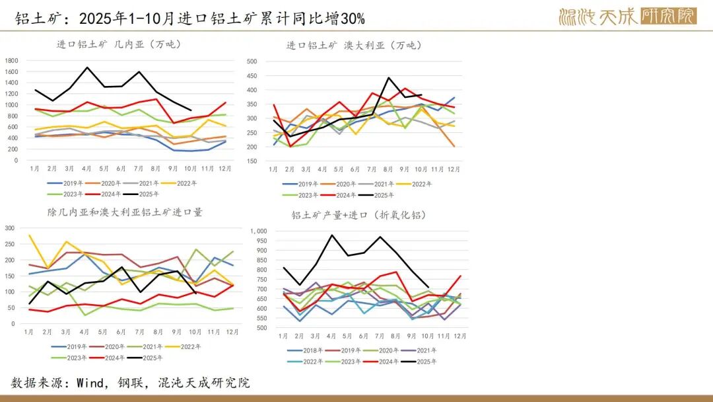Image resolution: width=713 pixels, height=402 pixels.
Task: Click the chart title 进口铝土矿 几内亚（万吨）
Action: tap(119, 45)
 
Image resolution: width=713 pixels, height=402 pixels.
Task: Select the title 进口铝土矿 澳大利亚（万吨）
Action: tap(354, 46)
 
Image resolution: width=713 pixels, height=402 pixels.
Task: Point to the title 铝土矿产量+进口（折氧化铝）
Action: tap(359, 215)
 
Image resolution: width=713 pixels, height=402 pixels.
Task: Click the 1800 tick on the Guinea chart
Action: tap(11, 60)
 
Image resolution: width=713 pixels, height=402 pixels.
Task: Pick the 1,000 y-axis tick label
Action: tap(258, 231)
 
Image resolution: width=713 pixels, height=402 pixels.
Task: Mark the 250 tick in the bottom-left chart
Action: tap(10, 243)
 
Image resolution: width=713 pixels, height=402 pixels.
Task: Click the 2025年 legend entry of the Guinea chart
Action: tap(147, 194)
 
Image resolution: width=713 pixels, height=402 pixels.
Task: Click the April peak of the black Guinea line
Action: tap(87, 67)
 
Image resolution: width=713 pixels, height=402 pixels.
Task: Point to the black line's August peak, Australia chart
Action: tap(389, 78)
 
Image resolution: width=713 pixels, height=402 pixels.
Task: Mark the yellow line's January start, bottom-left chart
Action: tap(29, 235)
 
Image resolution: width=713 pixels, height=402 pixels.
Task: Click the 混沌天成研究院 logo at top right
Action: tap(627, 16)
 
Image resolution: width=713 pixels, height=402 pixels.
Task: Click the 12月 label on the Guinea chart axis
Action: tap(225, 169)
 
